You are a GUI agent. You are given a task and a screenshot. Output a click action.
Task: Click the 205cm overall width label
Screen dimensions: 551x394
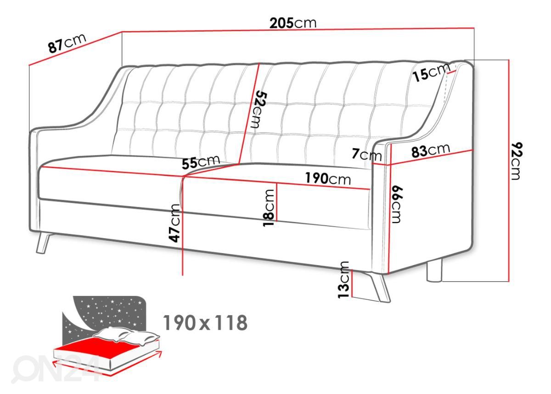(293, 23)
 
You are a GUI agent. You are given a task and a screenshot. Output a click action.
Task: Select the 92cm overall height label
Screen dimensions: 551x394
(516, 161)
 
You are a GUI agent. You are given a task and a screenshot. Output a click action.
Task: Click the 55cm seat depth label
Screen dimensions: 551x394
(201, 162)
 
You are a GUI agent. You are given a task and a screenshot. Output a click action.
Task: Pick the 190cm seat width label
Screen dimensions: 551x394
(328, 179)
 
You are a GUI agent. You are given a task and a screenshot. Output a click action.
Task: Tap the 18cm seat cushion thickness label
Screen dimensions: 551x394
(268, 208)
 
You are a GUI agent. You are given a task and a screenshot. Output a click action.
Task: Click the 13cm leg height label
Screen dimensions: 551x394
(343, 280)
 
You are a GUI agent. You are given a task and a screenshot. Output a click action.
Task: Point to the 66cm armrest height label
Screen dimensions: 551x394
(397, 205)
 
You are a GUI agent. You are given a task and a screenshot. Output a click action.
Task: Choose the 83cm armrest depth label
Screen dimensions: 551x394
(431, 150)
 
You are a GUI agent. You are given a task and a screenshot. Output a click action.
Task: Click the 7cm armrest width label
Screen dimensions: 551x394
(366, 155)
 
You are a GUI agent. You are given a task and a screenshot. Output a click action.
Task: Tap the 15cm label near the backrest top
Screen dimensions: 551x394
(431, 72)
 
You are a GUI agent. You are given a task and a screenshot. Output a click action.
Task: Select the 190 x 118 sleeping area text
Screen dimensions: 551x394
(205, 323)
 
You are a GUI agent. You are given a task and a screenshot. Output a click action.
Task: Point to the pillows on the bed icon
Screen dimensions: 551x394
(126, 334)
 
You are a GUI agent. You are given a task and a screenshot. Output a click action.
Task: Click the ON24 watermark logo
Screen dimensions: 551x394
(56, 369)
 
